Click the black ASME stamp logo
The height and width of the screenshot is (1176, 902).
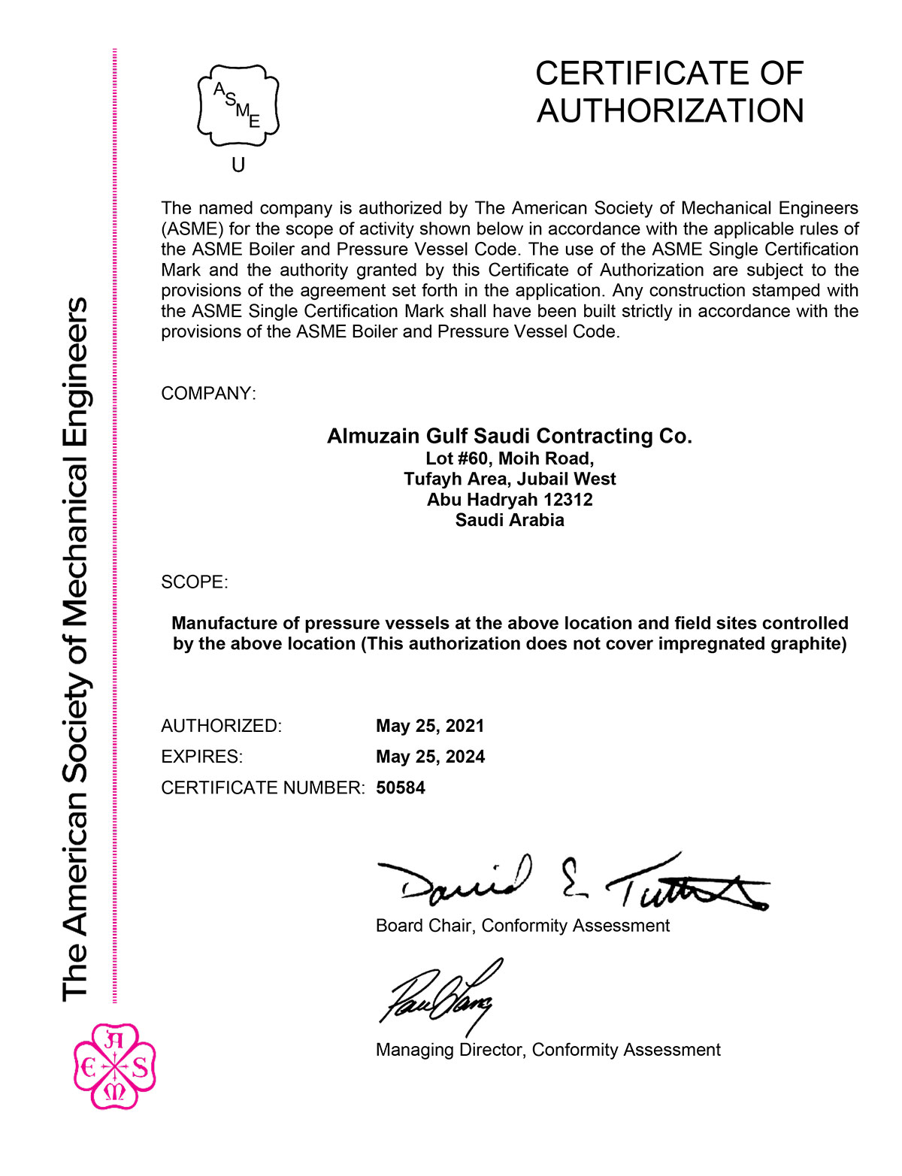pos(238,105)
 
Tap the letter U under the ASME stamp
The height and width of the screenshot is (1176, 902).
pos(238,165)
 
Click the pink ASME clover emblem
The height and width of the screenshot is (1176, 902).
pos(115,1066)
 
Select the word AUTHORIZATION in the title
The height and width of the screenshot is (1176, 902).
pos(670,111)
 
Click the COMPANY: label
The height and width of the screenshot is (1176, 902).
pos(208,394)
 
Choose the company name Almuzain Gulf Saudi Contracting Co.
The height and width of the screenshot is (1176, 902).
pos(509,436)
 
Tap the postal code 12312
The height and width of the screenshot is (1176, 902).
pos(568,500)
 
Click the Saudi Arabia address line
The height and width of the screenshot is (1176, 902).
pos(509,520)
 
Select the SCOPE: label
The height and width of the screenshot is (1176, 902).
pos(194,582)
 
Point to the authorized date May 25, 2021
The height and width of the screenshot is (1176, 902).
pos(430,726)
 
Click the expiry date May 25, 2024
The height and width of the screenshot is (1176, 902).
pos(430,757)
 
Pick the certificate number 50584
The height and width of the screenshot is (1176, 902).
pos(401,788)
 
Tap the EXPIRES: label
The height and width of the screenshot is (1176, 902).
pos(201,757)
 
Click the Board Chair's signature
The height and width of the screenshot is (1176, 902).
pos(571,883)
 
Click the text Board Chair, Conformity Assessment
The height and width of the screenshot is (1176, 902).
pos(522,926)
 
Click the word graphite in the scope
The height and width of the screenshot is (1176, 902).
pos(810,644)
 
